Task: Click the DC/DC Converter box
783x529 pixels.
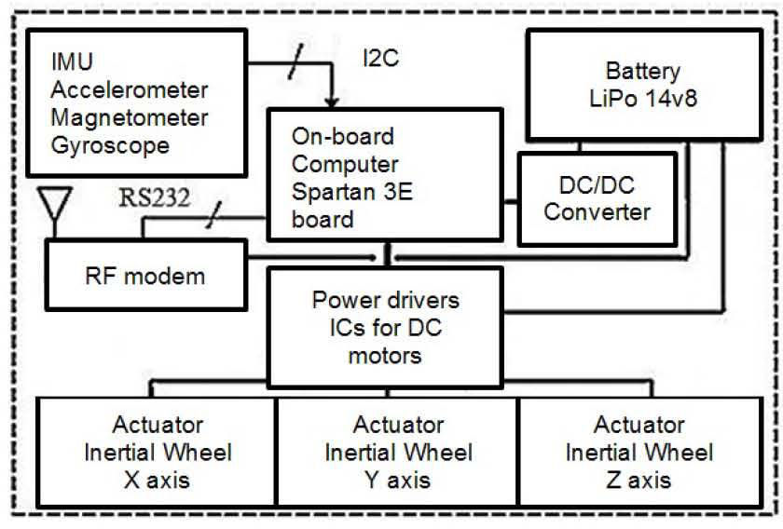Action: [x=598, y=198]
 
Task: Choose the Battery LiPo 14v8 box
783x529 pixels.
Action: [x=643, y=83]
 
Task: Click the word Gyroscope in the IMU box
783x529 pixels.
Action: [x=112, y=145]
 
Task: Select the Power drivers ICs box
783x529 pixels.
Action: [x=387, y=327]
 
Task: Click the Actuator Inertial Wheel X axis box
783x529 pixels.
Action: [x=158, y=453]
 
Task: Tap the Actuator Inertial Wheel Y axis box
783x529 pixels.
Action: [x=398, y=453]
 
